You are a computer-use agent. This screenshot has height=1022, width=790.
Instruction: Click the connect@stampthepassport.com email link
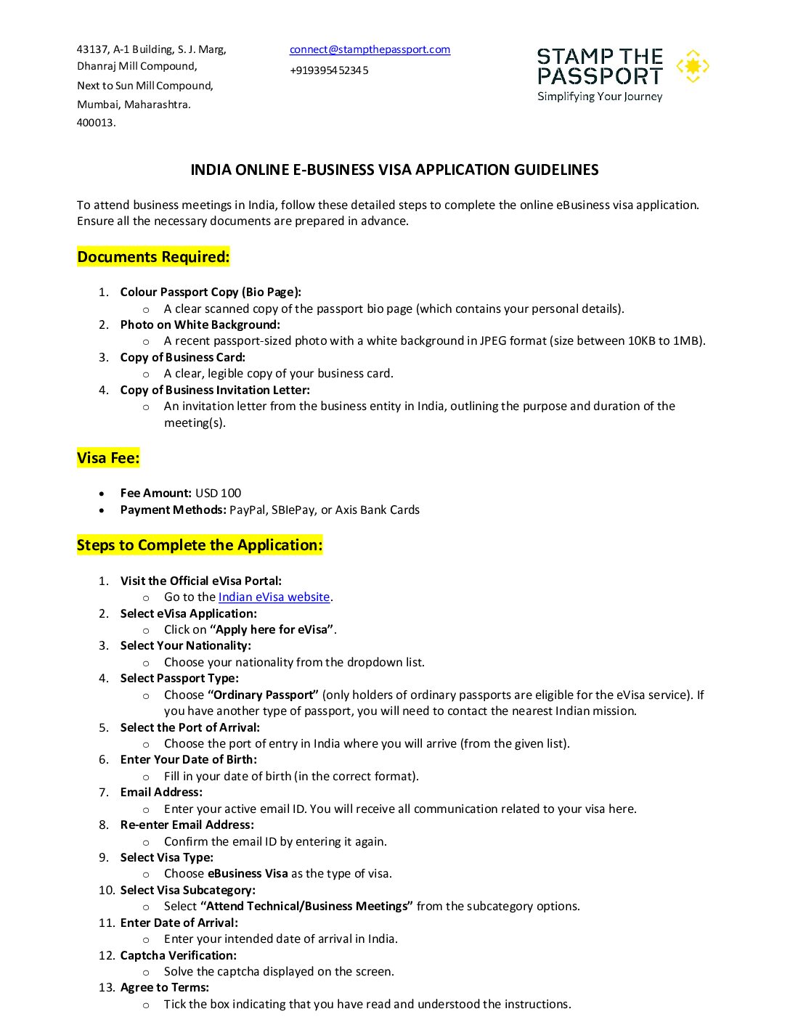tap(370, 49)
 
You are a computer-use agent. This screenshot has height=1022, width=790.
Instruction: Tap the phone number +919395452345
tap(329, 70)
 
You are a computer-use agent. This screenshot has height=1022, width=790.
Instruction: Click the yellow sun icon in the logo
tap(693, 66)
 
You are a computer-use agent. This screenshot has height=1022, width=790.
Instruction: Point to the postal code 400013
tap(96, 123)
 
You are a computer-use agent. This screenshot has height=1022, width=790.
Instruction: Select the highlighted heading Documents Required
tap(153, 257)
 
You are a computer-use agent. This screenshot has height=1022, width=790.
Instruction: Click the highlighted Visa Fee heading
tap(108, 458)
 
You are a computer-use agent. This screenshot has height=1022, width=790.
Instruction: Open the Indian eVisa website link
tap(274, 597)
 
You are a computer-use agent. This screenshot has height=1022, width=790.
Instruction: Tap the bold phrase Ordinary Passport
tap(264, 695)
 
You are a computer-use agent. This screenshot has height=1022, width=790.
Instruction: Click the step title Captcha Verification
tap(178, 955)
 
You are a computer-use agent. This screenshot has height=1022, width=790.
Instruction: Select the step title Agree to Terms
tap(164, 987)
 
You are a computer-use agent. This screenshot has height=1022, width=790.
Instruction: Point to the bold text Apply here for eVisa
tap(272, 629)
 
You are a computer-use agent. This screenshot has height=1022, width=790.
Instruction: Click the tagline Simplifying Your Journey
tap(600, 97)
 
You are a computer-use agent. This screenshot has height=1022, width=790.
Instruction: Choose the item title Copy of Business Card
tap(182, 357)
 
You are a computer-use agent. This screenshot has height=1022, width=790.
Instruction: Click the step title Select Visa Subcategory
tap(187, 890)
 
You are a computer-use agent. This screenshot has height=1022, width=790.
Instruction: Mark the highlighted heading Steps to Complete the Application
tap(200, 545)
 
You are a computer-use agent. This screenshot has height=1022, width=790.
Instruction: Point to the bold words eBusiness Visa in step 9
tap(248, 873)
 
